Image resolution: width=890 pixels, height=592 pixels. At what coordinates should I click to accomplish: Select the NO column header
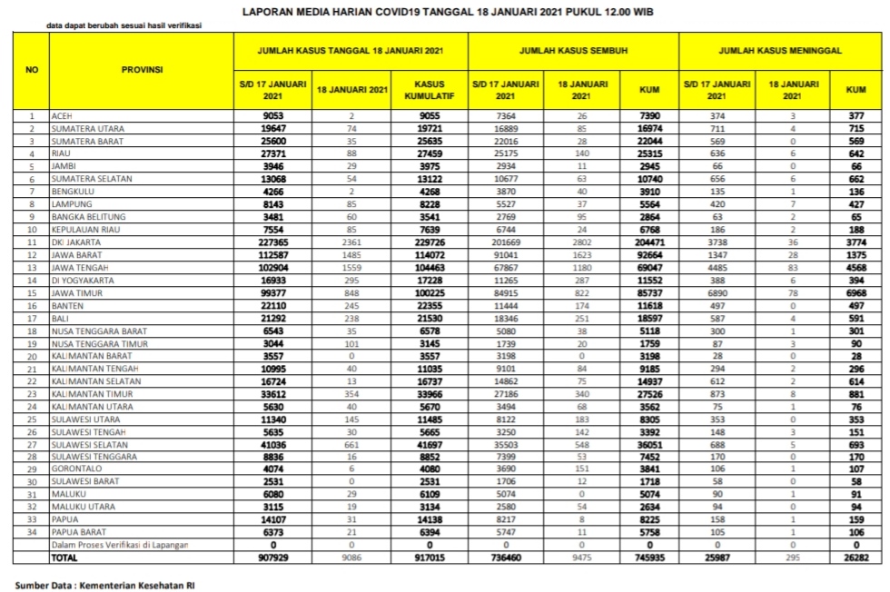pos(32,69)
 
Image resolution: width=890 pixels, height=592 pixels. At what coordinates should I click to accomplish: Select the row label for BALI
pos(60,344)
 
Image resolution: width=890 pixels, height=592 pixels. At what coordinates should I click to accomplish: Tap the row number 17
pos(32,344)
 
